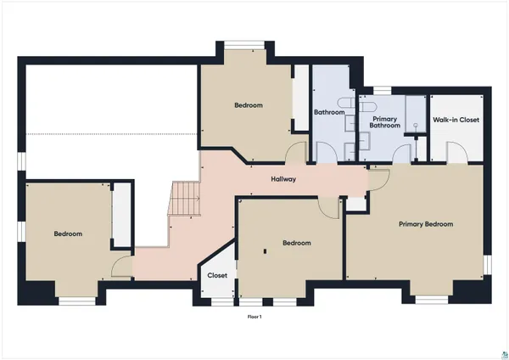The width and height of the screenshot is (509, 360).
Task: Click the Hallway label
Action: (x=283, y=179)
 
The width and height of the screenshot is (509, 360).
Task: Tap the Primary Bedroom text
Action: (x=426, y=224)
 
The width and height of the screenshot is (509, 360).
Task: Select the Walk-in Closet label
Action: (x=456, y=120)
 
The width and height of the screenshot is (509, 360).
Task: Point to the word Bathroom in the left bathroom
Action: (x=328, y=112)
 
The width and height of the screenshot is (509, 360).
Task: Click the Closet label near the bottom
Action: (x=216, y=275)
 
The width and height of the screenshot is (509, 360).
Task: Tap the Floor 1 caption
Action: (x=255, y=317)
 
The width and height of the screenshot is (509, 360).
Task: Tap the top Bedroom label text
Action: (x=249, y=105)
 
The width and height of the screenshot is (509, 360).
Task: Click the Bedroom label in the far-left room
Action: (x=68, y=233)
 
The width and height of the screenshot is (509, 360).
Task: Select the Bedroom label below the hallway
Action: (x=296, y=243)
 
